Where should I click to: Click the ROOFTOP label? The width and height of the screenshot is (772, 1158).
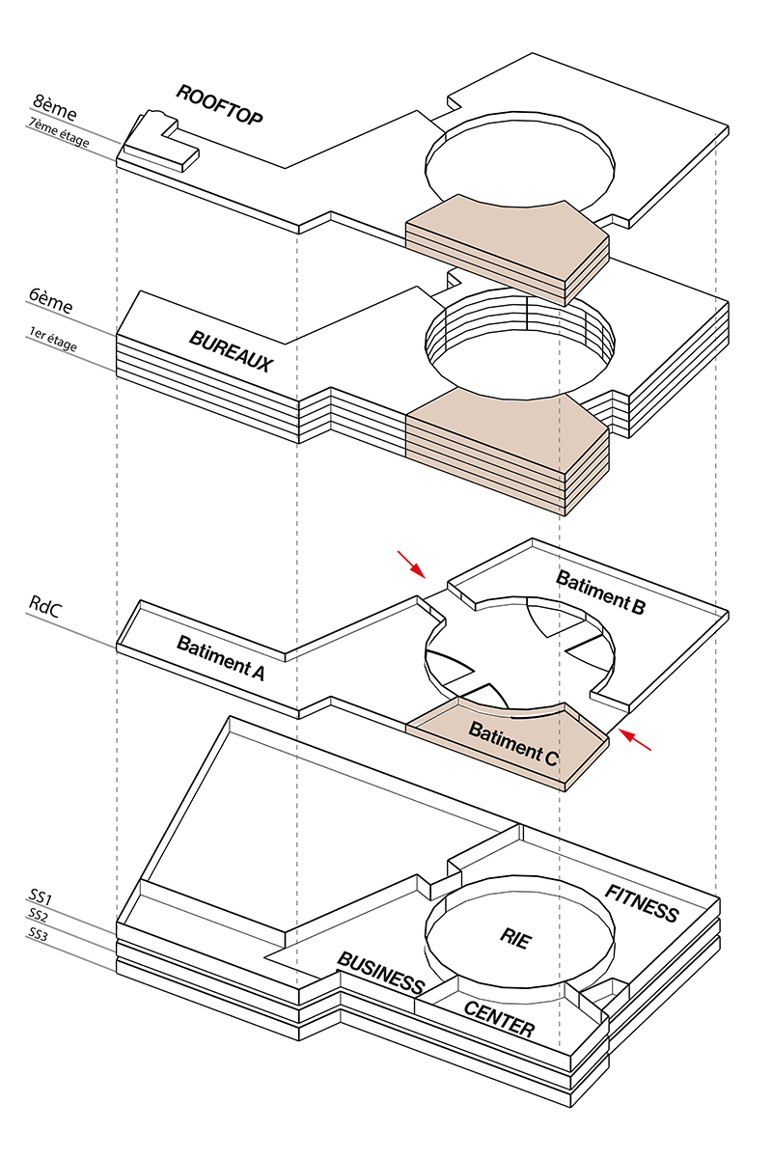pos(219,104)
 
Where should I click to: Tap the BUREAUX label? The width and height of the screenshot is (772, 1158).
pos(231,352)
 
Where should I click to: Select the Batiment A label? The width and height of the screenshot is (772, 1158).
pos(220,658)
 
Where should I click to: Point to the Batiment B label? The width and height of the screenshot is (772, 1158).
pos(600,593)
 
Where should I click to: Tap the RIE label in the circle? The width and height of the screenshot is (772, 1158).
pos(515,939)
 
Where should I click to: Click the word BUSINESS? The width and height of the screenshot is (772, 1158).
pos(380,972)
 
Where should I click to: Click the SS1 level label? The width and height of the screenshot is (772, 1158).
pos(39,898)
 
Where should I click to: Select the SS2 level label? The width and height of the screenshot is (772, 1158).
pos(38,915)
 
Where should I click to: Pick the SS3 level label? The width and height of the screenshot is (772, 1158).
pos(38,934)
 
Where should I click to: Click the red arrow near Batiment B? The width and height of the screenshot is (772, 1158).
pos(411,564)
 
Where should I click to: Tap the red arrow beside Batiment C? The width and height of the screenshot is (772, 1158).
pos(636,740)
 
